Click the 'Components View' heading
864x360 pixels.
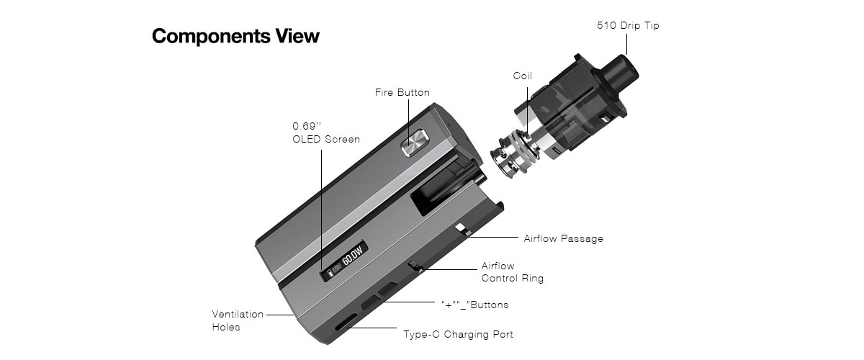pyautogui.click(x=235, y=36)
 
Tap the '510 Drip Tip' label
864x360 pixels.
pyautogui.click(x=628, y=25)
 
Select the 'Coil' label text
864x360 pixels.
pyautogui.click(x=522, y=76)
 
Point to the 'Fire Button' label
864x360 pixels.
pyautogui.click(x=402, y=93)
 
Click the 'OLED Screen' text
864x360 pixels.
pyautogui.click(x=326, y=139)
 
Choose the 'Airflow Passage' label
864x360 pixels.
pyautogui.click(x=563, y=239)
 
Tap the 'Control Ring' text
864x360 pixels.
pyautogui.click(x=512, y=278)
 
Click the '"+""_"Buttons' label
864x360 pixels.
pyautogui.click(x=474, y=305)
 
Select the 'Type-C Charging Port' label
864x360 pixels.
pyautogui.click(x=458, y=334)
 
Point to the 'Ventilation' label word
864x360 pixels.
pyautogui.click(x=238, y=314)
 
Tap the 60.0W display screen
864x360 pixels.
pyautogui.click(x=343, y=262)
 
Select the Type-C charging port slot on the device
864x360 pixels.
pyautogui.click(x=346, y=322)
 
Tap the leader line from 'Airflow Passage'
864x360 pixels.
pyautogui.click(x=493, y=238)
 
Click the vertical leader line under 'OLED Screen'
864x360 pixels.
pyautogui.click(x=322, y=210)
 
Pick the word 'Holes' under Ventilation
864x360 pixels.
pyautogui.click(x=226, y=327)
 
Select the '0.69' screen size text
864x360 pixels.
pyautogui.click(x=307, y=126)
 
